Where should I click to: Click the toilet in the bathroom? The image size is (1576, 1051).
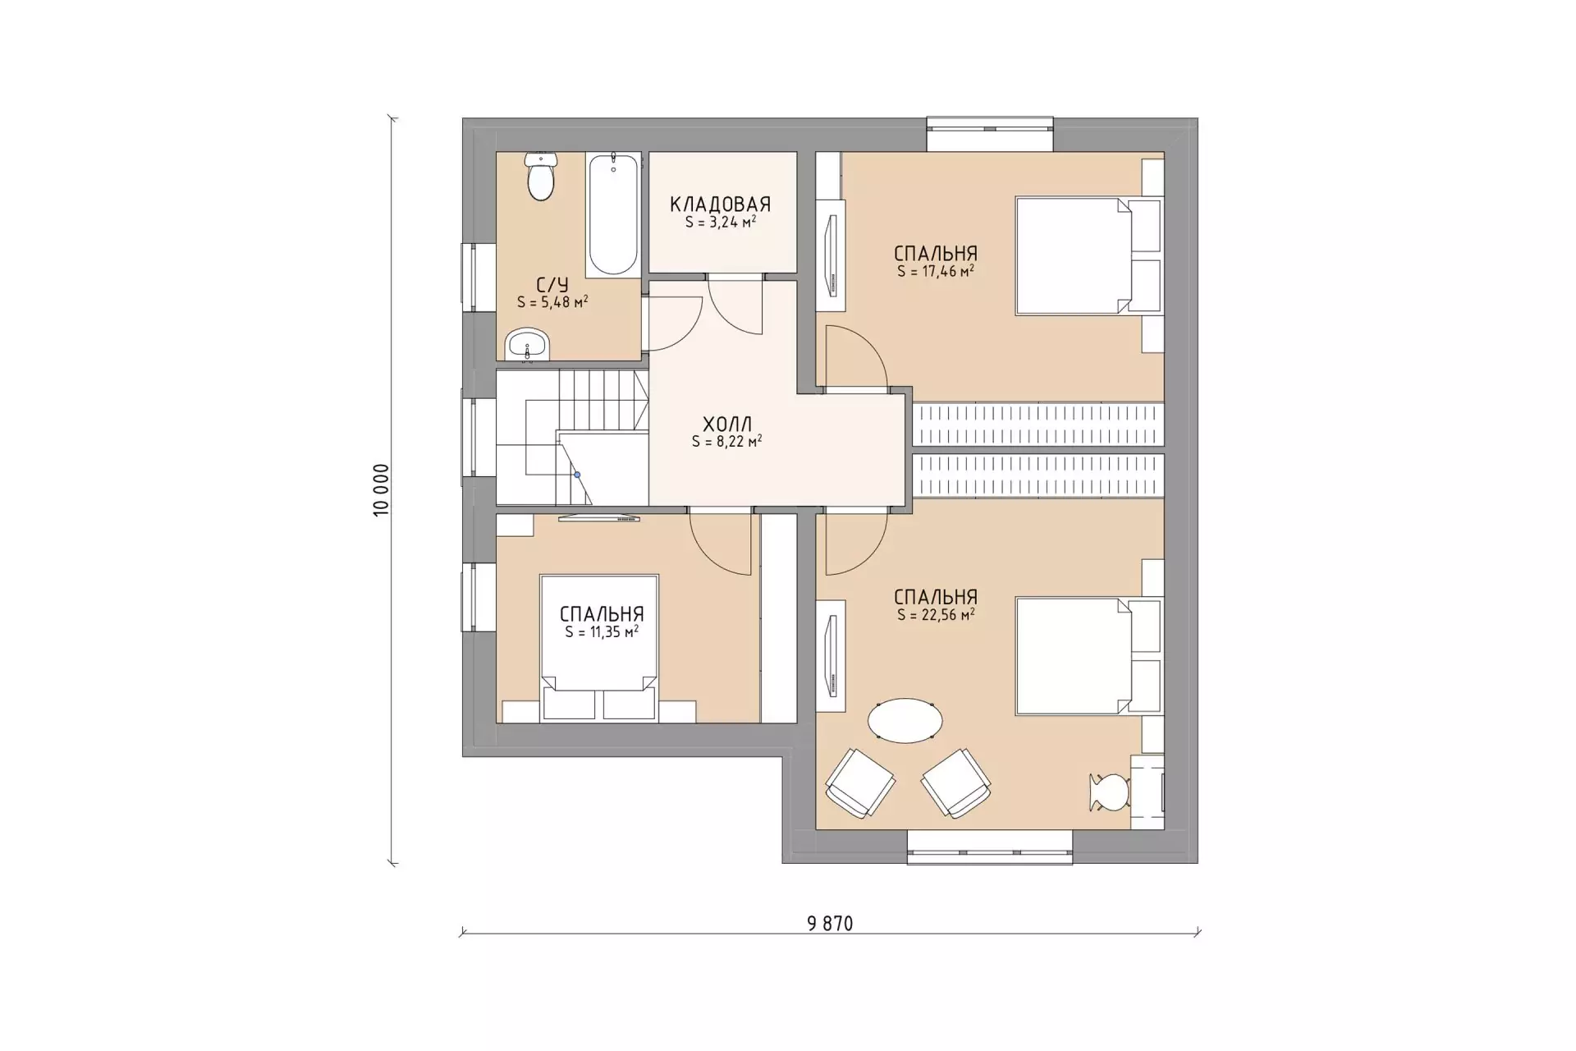point(541,177)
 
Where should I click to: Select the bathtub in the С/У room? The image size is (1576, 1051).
point(613,214)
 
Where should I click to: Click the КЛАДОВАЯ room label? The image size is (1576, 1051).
point(720,204)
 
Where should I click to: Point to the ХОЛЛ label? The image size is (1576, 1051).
point(727,425)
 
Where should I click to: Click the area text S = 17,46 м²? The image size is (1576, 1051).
point(936,271)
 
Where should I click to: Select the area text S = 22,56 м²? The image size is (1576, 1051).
point(936,614)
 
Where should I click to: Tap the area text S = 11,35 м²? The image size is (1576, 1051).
point(602,631)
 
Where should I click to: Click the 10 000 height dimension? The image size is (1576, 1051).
point(381,490)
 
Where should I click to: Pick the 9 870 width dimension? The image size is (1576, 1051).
point(830,924)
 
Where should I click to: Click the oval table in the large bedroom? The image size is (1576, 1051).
point(905,720)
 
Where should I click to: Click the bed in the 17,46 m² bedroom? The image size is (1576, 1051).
point(1088,255)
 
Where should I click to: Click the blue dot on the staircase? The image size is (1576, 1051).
point(577,475)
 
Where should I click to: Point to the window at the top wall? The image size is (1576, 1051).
point(990,135)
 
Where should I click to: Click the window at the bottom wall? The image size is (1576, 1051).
point(990,847)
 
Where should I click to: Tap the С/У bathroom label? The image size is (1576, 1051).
point(552,285)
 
